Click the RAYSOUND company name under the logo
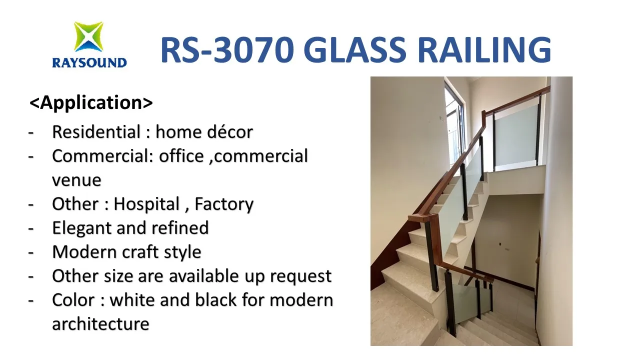[x=89, y=63]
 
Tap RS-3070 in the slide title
[x=227, y=50]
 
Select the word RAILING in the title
[x=484, y=50]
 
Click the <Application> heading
[x=91, y=102]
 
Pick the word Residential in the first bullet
[x=96, y=132]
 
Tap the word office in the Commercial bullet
[x=181, y=156]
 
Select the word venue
[x=76, y=180]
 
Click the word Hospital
[x=146, y=204]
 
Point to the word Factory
[x=224, y=204]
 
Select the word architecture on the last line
[x=100, y=324]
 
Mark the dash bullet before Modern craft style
[x=31, y=253]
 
